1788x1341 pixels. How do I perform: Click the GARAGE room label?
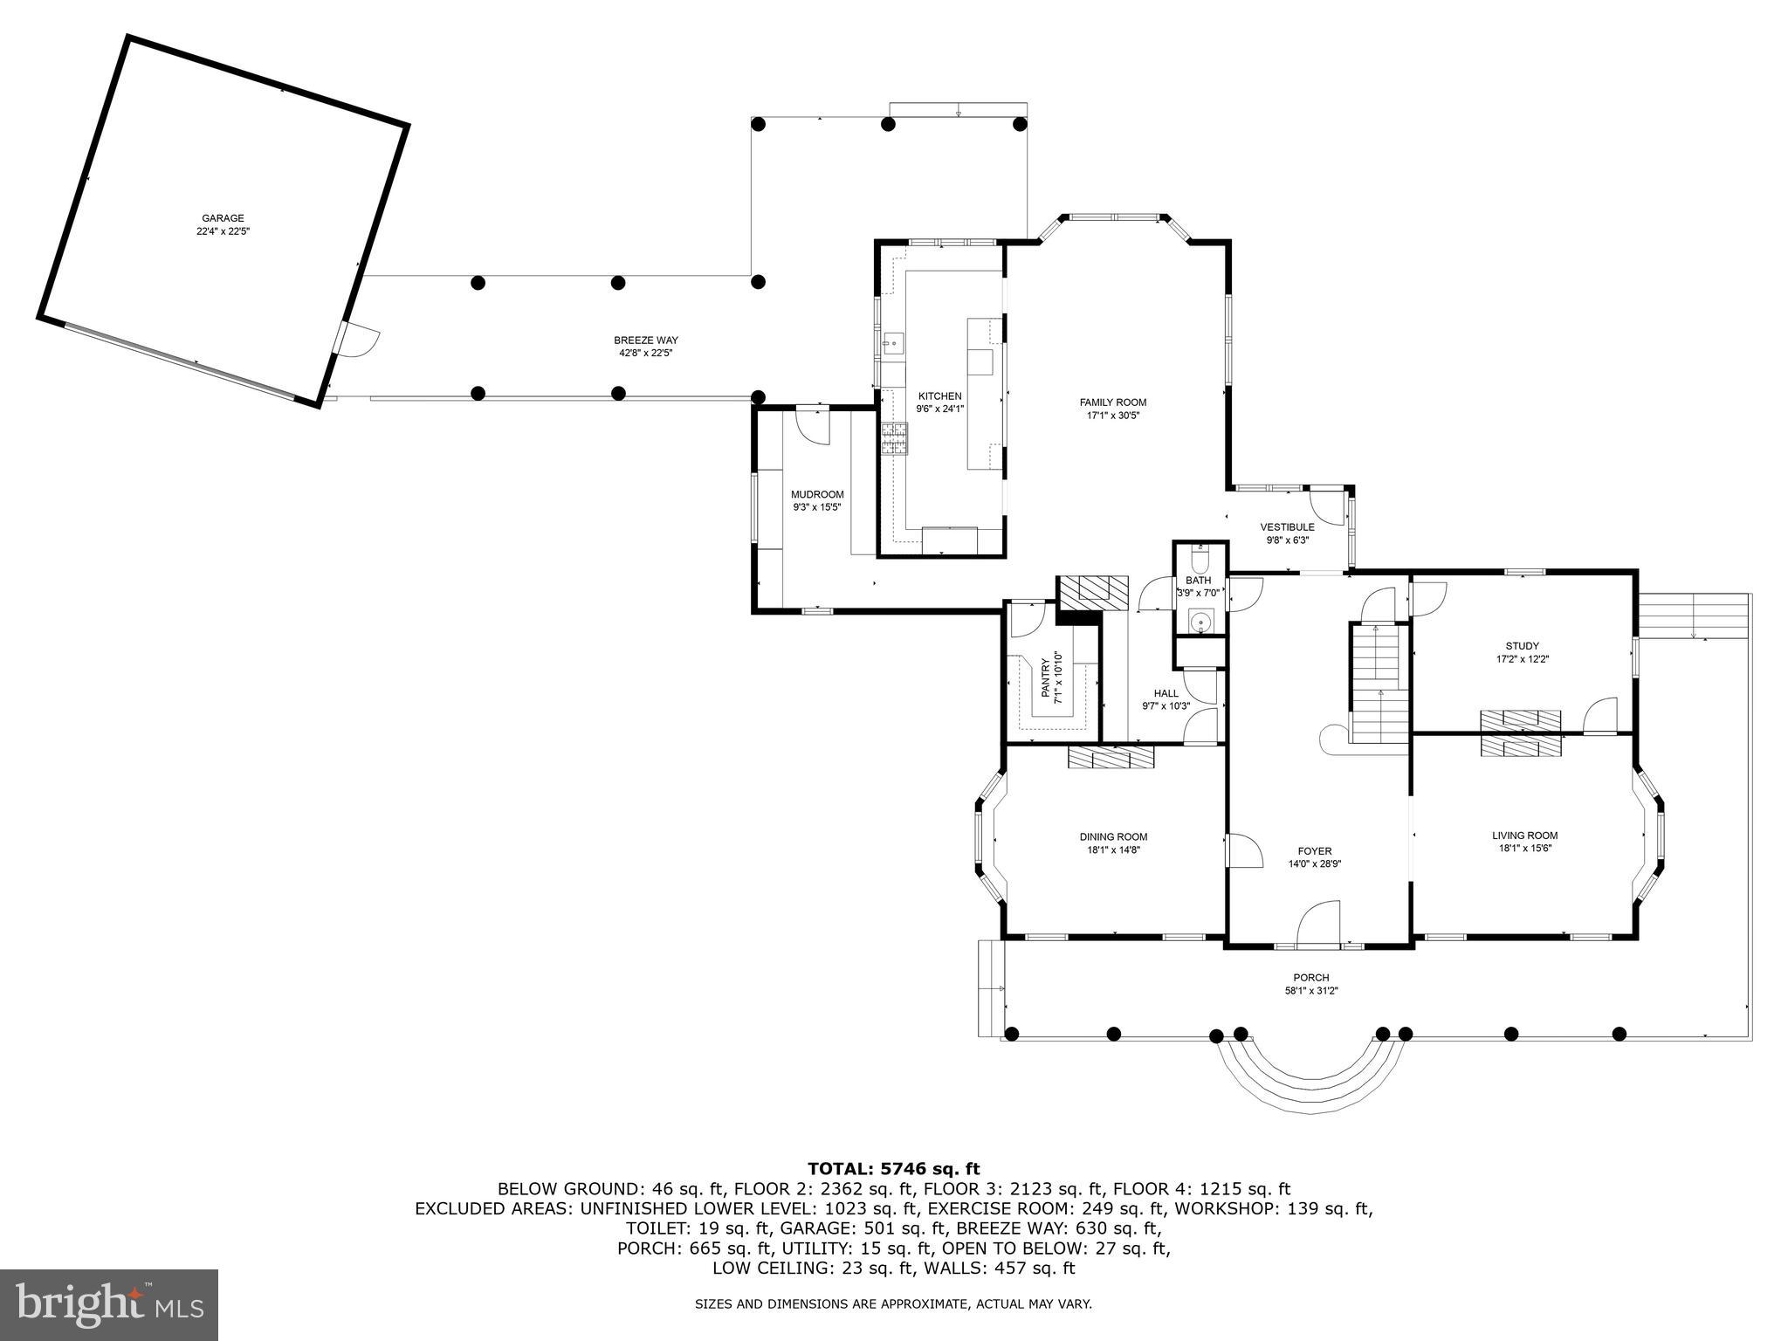coord(223,218)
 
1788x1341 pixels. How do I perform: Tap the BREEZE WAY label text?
coord(645,340)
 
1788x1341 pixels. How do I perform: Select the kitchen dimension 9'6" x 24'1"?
coord(939,409)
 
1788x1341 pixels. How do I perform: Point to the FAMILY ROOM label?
coord(1112,402)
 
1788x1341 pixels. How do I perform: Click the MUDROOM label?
coord(817,494)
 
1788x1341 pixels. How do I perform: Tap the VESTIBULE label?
coord(1287,527)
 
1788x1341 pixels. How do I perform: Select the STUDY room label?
coord(1523,646)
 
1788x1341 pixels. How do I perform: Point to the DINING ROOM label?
coord(1113,836)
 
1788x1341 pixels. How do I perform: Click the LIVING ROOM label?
coord(1524,836)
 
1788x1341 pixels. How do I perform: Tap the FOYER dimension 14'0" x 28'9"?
coord(1314,864)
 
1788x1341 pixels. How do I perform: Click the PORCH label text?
coord(1310,978)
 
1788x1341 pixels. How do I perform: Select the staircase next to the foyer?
coord(1380,683)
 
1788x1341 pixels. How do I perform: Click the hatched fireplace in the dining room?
coord(1111,757)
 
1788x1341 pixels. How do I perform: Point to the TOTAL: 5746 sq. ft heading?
coord(893,1168)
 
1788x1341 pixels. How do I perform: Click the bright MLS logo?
coord(109,1305)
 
